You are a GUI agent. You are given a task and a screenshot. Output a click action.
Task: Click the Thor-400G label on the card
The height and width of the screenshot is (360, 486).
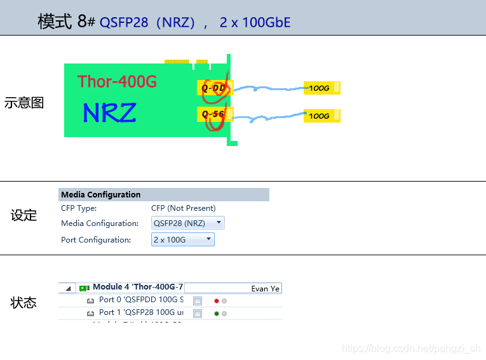pos(117,81)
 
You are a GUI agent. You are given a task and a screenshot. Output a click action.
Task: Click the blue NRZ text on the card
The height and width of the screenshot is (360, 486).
pos(109,113)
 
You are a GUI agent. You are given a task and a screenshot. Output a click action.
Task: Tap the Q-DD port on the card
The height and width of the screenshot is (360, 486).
pos(213,88)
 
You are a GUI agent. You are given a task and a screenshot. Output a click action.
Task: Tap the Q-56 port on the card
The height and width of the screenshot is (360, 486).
pos(213,114)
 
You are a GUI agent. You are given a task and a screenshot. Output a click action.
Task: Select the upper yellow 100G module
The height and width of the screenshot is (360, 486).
pos(322,88)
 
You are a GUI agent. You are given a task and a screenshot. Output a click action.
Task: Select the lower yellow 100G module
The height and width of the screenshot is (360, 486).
pos(322,116)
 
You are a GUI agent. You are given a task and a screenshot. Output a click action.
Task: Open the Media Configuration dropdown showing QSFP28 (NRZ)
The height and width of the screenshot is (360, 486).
pos(188,223)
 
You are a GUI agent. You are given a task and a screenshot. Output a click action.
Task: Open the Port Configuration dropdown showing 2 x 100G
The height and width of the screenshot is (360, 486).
pos(183,239)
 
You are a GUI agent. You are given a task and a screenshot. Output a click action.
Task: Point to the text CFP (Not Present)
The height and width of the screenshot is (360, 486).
pos(183,208)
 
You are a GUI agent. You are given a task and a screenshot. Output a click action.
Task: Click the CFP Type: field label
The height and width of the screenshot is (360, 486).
pos(79,208)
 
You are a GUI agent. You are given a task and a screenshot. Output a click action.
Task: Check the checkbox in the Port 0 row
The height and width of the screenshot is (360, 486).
pos(198,301)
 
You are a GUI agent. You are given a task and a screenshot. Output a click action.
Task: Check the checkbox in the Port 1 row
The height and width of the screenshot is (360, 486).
pos(198,314)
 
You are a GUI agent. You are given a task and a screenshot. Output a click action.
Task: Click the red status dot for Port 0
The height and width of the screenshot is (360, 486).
pos(217,301)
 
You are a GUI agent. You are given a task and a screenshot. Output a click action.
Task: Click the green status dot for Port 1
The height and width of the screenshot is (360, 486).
pos(217,314)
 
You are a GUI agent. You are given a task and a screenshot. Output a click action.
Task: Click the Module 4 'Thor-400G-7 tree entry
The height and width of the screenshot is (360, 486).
pos(137,288)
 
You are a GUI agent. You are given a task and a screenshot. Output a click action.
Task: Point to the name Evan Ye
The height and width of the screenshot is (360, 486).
pos(265,289)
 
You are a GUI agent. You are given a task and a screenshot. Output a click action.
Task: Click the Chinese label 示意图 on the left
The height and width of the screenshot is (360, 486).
pos(24,103)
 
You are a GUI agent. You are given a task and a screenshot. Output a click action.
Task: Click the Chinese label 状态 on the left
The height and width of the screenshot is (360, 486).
pos(24,303)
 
